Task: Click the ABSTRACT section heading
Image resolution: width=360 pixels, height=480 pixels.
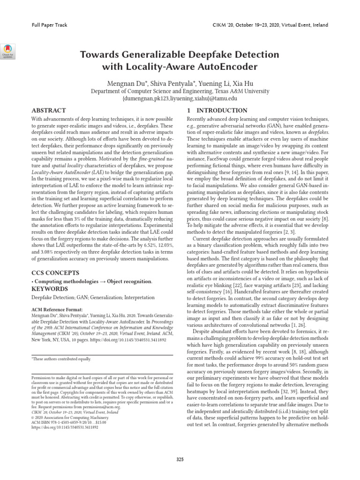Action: point(48,110)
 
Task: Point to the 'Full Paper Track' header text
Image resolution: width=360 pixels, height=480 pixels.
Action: point(47,25)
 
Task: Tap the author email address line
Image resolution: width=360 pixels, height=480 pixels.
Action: point(180,99)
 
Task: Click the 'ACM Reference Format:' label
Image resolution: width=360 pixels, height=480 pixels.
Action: point(57,310)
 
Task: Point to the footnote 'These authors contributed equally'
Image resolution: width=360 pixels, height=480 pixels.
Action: point(61,359)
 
